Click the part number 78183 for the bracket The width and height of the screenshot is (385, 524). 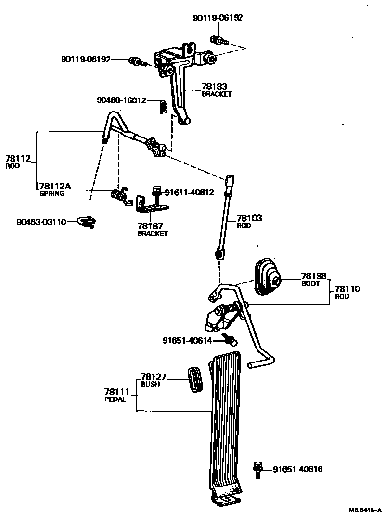click(214, 87)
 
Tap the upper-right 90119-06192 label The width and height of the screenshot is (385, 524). click(218, 18)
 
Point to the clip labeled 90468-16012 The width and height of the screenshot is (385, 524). click(163, 106)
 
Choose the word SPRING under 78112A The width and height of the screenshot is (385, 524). click(52, 193)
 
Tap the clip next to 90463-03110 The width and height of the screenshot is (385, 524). click(86, 222)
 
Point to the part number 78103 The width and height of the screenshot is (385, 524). click(249, 218)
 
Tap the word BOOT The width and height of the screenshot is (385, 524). click(310, 283)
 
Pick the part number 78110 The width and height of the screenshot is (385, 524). click(347, 289)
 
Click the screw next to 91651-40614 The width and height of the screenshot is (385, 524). click(231, 340)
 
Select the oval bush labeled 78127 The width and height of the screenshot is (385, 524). click(195, 380)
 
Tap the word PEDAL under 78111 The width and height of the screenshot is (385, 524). click(115, 399)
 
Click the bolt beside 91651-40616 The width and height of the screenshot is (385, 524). click(258, 470)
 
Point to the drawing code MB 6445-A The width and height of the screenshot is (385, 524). click(365, 510)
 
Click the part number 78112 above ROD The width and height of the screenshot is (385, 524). click(18, 159)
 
